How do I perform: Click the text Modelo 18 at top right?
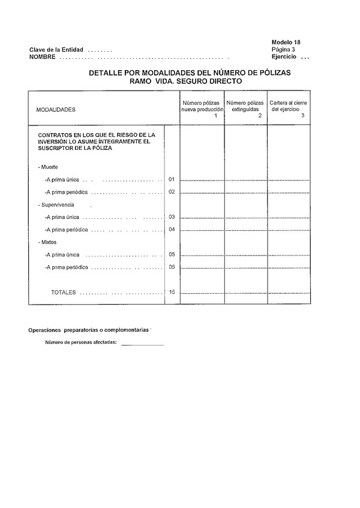point(286,42)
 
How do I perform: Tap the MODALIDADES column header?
point(56,110)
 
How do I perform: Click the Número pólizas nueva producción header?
point(202,107)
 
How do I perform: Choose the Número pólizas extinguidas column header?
point(245,107)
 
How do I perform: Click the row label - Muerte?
point(47,166)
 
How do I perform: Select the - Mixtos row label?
point(47,242)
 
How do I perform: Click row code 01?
point(172,179)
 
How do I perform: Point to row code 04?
point(172,230)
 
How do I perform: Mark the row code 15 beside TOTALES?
point(172,292)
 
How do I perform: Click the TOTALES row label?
point(64,293)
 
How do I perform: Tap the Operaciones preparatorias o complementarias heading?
point(88,330)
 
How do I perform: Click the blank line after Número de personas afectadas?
point(142,344)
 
